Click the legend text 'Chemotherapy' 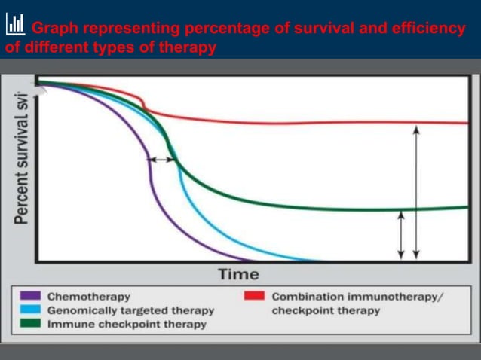[88, 297]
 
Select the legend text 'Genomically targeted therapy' [130, 310]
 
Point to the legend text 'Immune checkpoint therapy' [126, 325]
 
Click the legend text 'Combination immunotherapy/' [357, 297]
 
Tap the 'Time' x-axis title [237, 274]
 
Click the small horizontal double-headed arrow [161, 160]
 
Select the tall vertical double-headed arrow [416, 192]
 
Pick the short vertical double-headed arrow [401, 234]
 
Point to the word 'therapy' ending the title [189, 47]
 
